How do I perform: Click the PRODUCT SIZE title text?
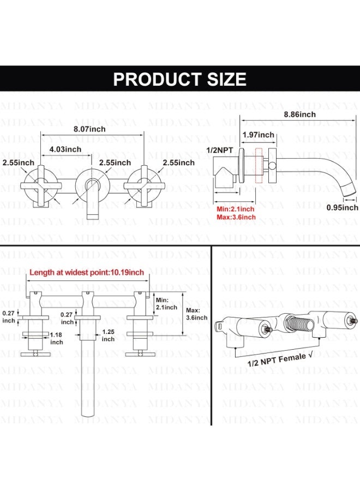coord(179,79)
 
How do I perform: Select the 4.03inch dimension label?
coord(65,149)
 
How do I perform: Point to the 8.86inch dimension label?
coord(299,115)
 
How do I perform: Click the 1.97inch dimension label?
coord(258,135)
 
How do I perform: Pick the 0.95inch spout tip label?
coord(342,208)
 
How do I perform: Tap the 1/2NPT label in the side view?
coord(219,151)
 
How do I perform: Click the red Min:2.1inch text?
coord(236,209)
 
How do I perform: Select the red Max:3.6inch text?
coord(236,217)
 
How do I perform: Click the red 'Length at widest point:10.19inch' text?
coord(87,272)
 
